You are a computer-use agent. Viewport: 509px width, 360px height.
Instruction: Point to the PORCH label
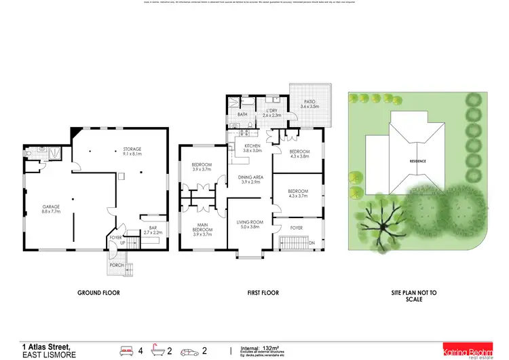[x=117, y=265]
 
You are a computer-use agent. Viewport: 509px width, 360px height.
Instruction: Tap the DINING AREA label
[x=250, y=180]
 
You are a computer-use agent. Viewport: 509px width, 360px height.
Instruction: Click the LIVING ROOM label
[x=248, y=224]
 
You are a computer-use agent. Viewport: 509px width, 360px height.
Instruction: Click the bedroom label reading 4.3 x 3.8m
[x=299, y=154]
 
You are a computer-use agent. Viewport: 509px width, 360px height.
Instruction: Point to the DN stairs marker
[x=312, y=242]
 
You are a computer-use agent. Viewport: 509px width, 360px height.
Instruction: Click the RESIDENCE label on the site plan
[x=417, y=161]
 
